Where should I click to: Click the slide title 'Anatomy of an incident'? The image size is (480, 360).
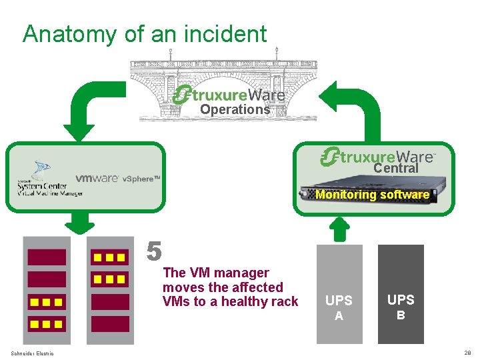pos(145,33)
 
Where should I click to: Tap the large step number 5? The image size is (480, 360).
pos(154,251)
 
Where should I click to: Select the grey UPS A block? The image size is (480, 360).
pos(339,293)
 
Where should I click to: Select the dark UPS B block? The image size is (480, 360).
pos(401,293)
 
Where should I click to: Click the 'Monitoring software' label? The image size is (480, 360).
pos(372,195)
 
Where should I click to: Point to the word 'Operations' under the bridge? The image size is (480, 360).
pos(235,109)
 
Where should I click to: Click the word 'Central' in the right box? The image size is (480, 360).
pos(395,169)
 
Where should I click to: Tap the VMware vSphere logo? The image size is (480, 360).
pos(117,179)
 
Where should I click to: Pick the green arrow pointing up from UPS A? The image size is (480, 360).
pos(339,229)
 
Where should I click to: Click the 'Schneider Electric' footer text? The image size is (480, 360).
pos(32,353)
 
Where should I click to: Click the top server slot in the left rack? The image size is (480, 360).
pos(46,257)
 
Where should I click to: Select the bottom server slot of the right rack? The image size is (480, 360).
pos(110,324)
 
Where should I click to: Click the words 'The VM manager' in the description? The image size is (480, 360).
pos(215,273)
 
